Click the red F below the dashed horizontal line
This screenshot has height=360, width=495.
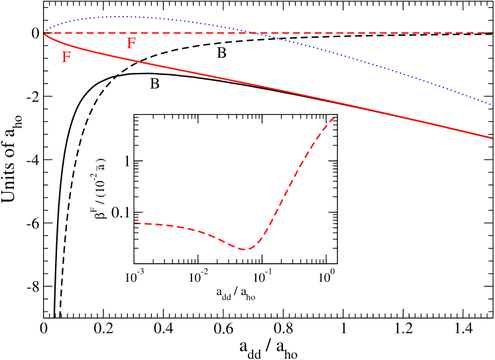click(x=131, y=44)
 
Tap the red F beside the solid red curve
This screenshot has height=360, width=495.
click(x=66, y=58)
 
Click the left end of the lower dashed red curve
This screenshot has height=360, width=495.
click(x=135, y=223)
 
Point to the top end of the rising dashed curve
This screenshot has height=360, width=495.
click(x=335, y=116)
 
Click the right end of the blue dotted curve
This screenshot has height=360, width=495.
click(x=492, y=104)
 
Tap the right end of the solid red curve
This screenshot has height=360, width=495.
click(x=492, y=138)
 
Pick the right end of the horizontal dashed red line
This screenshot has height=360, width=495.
click(x=492, y=32)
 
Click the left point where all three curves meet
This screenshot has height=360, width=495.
click(x=44, y=32)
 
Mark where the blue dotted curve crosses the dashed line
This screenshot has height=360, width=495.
click(x=248, y=32)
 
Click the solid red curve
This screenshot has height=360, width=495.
click(x=265, y=87)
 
